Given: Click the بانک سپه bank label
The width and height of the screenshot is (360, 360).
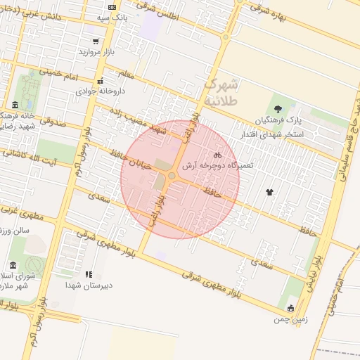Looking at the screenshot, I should [x=112, y=17].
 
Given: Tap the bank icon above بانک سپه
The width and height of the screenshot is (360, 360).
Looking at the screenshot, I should [x=112, y=6].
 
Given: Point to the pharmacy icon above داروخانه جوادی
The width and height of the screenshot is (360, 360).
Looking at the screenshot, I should [x=101, y=80].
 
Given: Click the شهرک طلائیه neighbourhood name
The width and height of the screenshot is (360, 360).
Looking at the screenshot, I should [x=221, y=92].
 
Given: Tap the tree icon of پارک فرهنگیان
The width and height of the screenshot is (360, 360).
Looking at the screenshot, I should [x=278, y=109].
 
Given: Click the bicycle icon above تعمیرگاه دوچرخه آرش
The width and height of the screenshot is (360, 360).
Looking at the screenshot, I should [x=218, y=155].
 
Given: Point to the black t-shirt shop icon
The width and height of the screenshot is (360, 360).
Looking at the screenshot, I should [x=269, y=191].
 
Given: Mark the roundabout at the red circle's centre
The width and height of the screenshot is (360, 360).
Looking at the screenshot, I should [x=172, y=175].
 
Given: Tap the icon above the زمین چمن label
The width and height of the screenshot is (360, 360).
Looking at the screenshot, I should [x=290, y=308].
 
